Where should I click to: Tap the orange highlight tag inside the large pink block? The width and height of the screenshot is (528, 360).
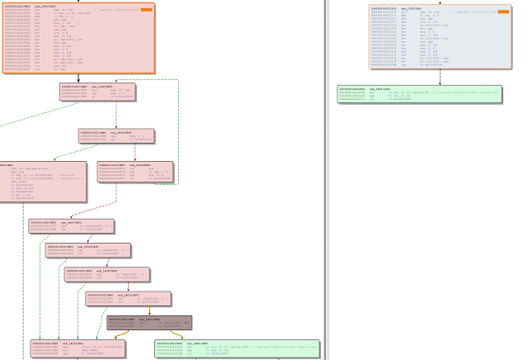click(x=145, y=10)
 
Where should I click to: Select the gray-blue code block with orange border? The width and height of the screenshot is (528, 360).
click(x=436, y=37)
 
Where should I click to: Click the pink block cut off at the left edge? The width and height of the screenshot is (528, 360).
click(x=41, y=182)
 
